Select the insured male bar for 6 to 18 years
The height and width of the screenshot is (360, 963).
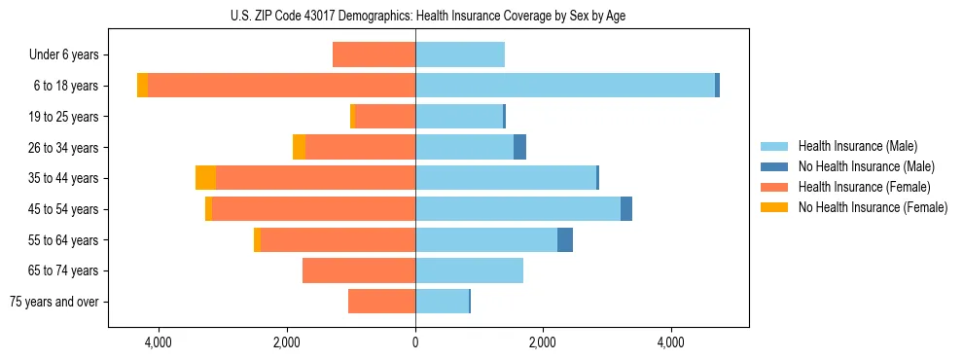[564, 86]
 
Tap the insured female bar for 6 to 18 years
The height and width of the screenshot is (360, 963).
[281, 86]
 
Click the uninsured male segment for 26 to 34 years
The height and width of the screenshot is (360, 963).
[519, 147]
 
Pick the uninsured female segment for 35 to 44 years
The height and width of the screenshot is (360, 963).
[205, 178]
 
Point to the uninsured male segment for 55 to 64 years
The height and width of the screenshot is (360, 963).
[565, 239]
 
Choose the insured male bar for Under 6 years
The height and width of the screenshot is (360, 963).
[460, 54]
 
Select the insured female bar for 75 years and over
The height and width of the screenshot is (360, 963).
[381, 302]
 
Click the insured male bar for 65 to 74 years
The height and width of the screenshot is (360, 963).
[469, 270]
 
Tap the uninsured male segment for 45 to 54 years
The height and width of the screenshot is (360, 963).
[626, 209]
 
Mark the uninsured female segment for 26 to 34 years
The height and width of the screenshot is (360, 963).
[299, 147]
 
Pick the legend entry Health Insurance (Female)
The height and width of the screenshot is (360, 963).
[864, 187]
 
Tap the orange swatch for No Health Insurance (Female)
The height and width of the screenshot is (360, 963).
[775, 207]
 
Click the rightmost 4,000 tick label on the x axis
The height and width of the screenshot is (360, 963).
[671, 342]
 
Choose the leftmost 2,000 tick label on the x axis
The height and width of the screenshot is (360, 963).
[287, 342]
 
